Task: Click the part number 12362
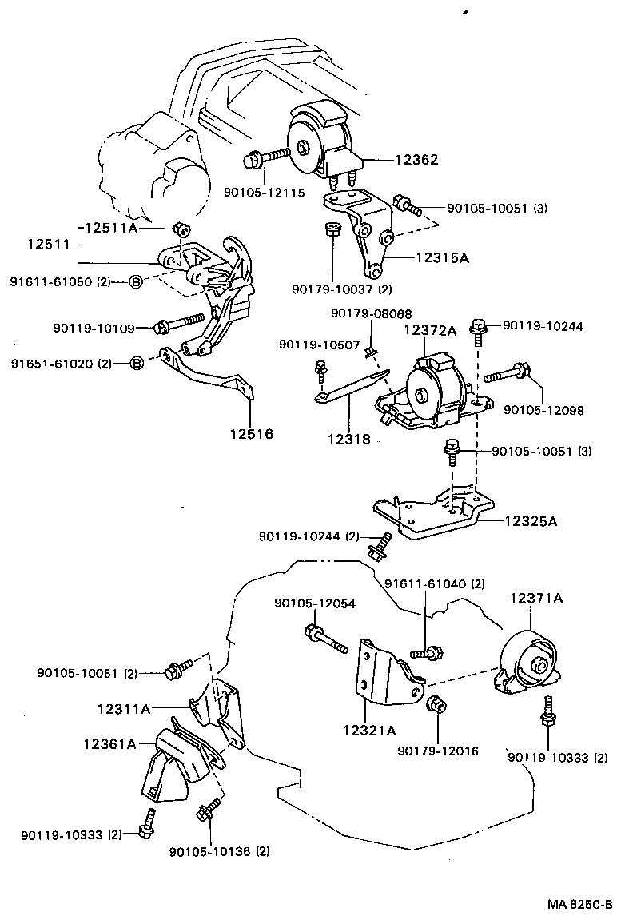416,159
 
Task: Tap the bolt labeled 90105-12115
264,158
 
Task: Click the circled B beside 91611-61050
136,281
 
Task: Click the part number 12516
251,434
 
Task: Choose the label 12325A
530,520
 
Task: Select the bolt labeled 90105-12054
324,639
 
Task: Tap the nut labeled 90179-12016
436,705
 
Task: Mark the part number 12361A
109,743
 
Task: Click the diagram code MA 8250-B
579,905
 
